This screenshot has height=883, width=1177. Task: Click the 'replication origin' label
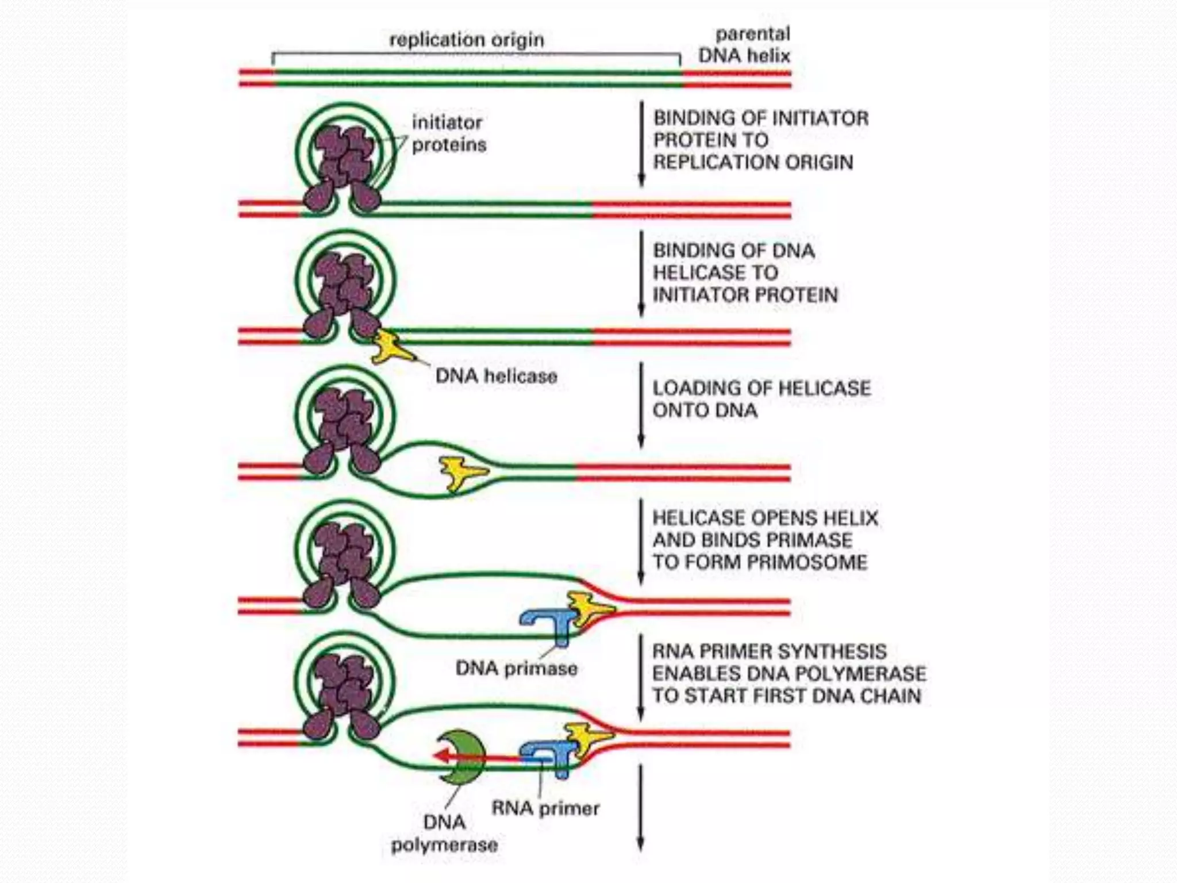click(466, 40)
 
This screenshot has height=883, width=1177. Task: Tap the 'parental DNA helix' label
click(745, 45)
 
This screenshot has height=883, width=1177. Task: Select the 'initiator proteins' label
click(449, 133)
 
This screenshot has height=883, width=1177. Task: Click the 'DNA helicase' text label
click(496, 376)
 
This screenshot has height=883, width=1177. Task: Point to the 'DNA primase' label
click(516, 668)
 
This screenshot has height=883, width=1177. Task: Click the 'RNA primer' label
click(545, 808)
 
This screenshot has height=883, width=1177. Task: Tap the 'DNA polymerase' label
click(444, 834)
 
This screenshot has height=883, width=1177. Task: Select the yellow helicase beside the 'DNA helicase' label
click(393, 347)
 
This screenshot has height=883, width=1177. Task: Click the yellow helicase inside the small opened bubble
click(461, 472)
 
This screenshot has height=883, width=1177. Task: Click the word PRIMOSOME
click(816, 562)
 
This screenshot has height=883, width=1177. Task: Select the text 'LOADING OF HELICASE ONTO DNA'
click(761, 399)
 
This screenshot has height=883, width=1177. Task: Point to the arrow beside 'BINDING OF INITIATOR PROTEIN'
click(641, 144)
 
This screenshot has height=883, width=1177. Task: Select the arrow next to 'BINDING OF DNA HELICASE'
click(641, 274)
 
